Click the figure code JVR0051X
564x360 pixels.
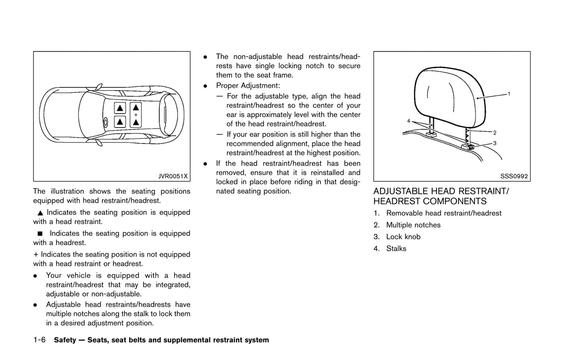pos(173,176)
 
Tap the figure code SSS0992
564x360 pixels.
pos(514,176)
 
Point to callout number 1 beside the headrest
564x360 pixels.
pos(509,94)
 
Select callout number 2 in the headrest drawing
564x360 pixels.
pos(495,133)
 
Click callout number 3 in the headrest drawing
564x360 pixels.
pos(495,144)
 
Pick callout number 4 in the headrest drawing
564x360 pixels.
pos(409,121)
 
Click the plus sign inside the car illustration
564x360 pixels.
pos(135,115)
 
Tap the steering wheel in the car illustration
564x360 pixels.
pos(105,122)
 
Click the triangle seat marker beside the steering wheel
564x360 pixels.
pos(120,122)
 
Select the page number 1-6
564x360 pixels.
pos(39,340)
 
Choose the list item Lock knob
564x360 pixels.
pos(403,237)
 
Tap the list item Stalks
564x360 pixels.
pos(396,249)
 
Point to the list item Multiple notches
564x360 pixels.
pos(413,225)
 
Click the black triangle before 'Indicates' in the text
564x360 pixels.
pos(40,213)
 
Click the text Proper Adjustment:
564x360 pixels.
pos(248,86)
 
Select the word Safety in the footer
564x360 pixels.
pos(65,340)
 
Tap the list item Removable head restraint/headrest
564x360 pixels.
pos(443,213)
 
